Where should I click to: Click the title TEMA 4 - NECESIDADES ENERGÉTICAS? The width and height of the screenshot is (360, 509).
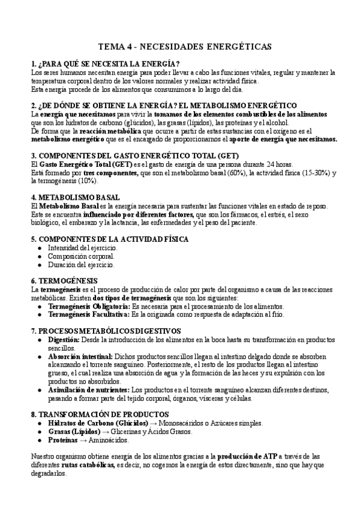pyautogui.click(x=184, y=47)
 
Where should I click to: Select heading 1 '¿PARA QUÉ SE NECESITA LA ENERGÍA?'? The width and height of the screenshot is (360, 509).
pyautogui.click(x=105, y=64)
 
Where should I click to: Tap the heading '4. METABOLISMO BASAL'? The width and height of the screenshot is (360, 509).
pyautogui.click(x=75, y=197)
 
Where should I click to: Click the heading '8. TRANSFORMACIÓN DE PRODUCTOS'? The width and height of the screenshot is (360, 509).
pyautogui.click(x=100, y=414)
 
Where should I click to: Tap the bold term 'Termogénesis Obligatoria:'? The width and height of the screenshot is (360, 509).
pyautogui.click(x=88, y=306)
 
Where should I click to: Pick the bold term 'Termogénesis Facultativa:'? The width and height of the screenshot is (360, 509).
pyautogui.click(x=88, y=314)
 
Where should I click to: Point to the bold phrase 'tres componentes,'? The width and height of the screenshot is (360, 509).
pyautogui.click(x=108, y=172)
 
